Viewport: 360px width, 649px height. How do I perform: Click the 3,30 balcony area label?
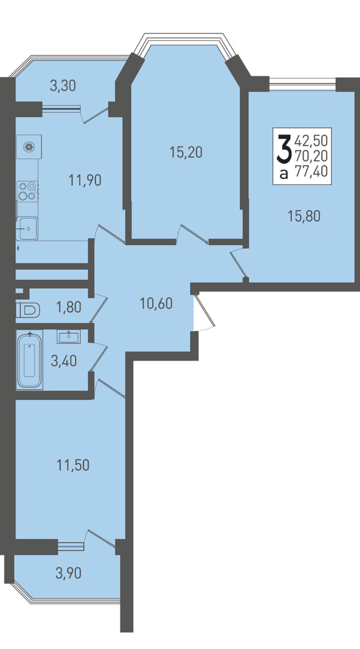pos(63,86)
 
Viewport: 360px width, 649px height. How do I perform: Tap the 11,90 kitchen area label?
pos(85,180)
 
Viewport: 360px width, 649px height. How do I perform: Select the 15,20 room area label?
pos(186,152)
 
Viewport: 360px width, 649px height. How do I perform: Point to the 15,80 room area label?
pos(304,216)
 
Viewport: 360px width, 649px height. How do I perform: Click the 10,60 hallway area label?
pos(156,304)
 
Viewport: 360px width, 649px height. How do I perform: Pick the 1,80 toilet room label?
pos(69,307)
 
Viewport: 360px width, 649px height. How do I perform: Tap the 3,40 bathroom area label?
pos(64,361)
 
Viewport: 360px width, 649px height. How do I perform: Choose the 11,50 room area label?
pos(73,465)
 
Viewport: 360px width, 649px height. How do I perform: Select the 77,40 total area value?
pos(311,171)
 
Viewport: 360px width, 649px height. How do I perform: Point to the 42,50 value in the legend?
pos(311,141)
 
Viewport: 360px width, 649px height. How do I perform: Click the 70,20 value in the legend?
pos(311,156)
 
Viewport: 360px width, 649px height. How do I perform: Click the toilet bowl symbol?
pos(28,310)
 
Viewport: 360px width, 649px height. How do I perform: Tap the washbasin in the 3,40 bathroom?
pos(69,337)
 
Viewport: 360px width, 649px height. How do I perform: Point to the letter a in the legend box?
pos(284,174)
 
